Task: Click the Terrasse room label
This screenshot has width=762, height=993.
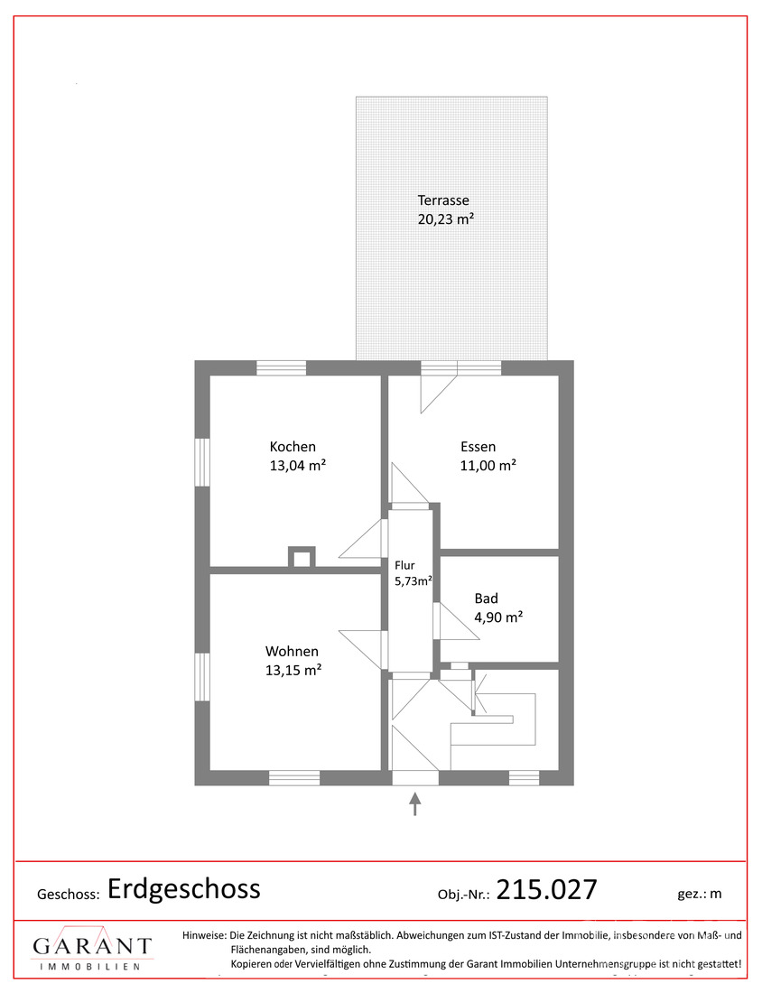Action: pyautogui.click(x=443, y=200)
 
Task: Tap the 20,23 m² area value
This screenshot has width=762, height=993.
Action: pyautogui.click(x=446, y=219)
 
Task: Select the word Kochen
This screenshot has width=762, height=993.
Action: pyautogui.click(x=293, y=447)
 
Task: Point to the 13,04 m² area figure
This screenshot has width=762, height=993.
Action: pyautogui.click(x=298, y=466)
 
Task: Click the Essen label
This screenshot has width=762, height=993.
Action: pyautogui.click(x=479, y=447)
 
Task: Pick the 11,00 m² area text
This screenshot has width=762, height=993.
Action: pyautogui.click(x=488, y=466)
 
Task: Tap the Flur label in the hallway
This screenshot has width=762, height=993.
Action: pyautogui.click(x=404, y=565)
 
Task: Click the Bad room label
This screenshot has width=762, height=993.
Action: pyautogui.click(x=487, y=599)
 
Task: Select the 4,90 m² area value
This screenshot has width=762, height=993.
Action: pyautogui.click(x=498, y=617)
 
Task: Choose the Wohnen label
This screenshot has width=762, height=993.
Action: pyautogui.click(x=292, y=651)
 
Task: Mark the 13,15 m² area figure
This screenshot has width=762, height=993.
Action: pyautogui.click(x=293, y=670)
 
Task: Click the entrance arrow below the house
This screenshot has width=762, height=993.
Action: pyautogui.click(x=415, y=803)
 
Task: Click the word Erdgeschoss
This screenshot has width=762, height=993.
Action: pyautogui.click(x=184, y=889)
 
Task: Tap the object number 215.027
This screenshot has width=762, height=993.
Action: pyautogui.click(x=546, y=890)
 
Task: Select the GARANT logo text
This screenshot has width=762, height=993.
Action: pyautogui.click(x=92, y=946)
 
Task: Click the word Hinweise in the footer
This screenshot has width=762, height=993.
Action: pyautogui.click(x=204, y=935)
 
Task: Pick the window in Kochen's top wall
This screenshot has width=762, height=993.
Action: pyautogui.click(x=282, y=368)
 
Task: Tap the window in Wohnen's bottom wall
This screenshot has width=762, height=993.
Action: pyautogui.click(x=294, y=777)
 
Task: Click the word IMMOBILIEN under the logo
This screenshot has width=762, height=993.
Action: pyautogui.click(x=90, y=967)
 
